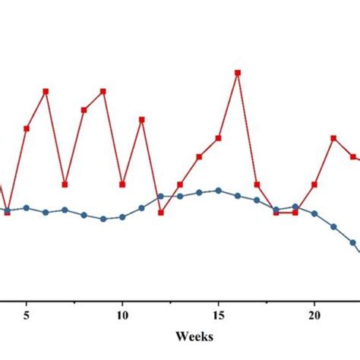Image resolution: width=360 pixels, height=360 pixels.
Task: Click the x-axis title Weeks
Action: [194, 335]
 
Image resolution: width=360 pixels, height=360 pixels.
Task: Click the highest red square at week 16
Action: [238, 73]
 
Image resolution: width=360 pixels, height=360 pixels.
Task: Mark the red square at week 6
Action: [46, 91]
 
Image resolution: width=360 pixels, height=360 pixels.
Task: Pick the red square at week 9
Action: [103, 91]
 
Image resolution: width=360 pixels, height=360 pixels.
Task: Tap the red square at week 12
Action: [161, 213]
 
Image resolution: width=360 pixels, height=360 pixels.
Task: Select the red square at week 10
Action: [122, 185]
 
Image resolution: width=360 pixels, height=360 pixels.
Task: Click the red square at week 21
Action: [333, 138]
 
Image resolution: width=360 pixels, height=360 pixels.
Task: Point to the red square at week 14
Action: [200, 156]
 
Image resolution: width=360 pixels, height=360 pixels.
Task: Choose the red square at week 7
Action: [65, 185]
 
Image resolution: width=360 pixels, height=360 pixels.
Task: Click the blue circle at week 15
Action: [219, 191]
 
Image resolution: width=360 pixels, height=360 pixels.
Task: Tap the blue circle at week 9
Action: [103, 219]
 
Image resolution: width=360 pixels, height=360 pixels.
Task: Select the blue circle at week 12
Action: [161, 196]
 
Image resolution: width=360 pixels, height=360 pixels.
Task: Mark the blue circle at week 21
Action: [333, 226]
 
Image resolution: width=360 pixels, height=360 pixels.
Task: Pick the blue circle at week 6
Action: [46, 212]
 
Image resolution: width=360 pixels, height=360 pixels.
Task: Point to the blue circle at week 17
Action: [257, 201]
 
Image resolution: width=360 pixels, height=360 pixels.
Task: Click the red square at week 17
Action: [257, 185]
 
